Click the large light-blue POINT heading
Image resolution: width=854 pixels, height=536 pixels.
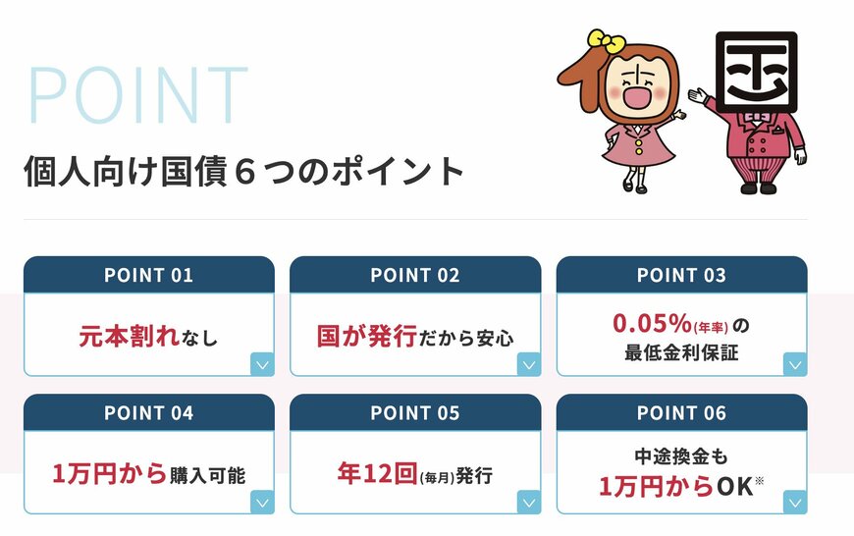click(138, 97)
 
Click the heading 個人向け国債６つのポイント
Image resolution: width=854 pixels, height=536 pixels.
click(243, 171)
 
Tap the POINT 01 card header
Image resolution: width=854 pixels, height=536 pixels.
click(148, 275)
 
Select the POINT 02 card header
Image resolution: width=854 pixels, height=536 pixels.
click(415, 275)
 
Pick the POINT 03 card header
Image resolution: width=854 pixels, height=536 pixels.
click(681, 275)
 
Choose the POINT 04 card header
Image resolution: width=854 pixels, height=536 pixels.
click(148, 413)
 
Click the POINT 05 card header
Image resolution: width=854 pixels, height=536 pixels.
click(415, 413)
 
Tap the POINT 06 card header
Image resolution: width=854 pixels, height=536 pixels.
click(681, 413)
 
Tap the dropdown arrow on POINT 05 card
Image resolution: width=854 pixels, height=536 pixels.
click(529, 503)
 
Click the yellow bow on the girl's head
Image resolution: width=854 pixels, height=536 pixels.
click(606, 42)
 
